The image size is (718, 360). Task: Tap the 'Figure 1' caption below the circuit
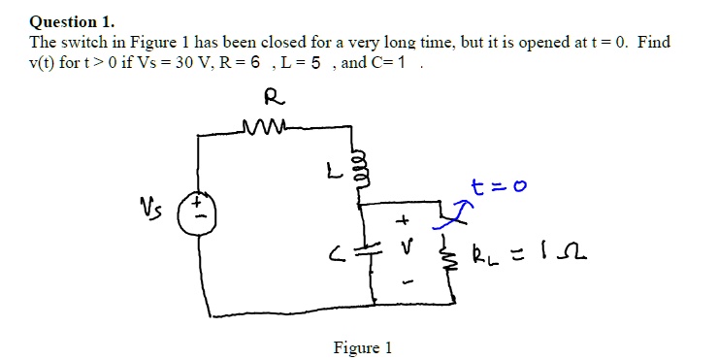(362, 347)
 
